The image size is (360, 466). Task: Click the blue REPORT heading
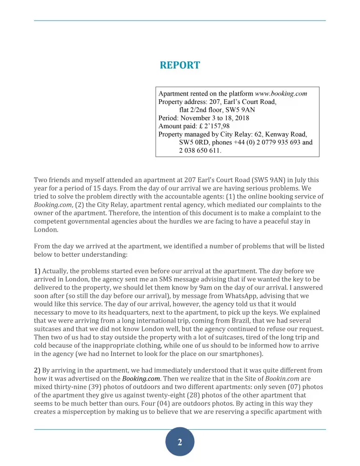coord(180,65)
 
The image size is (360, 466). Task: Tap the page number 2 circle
coord(180,442)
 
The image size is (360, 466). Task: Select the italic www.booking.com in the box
coord(281,93)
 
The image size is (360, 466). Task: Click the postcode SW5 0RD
coord(198,143)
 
